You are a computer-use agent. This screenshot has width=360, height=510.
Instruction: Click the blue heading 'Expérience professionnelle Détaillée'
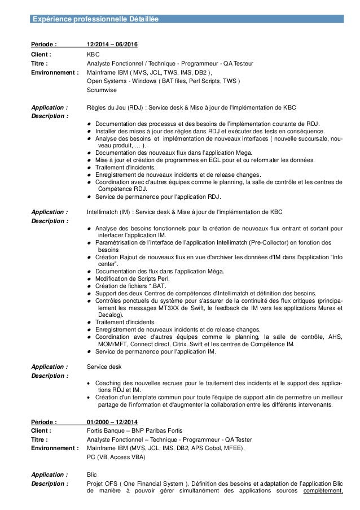tap(95, 19)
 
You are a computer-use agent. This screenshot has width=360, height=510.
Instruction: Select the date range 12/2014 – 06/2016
tap(113, 45)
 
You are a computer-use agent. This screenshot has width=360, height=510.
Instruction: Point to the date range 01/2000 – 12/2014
tap(113, 422)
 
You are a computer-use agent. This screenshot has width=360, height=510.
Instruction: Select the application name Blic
tap(92, 475)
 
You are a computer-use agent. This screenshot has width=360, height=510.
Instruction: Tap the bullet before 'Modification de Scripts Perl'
tap(90, 279)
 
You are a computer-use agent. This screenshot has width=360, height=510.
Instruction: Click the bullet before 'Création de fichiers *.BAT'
tap(90, 286)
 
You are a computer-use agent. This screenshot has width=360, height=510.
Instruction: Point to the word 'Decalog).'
tap(111, 316)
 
